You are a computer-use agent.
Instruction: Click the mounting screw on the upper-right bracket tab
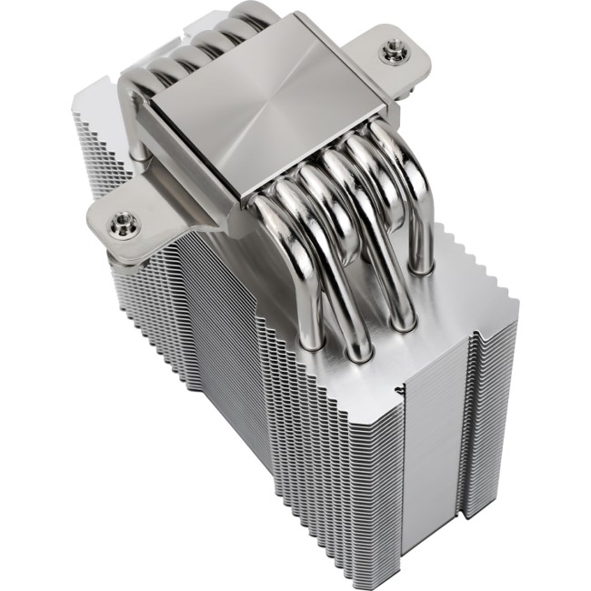(393, 55)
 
